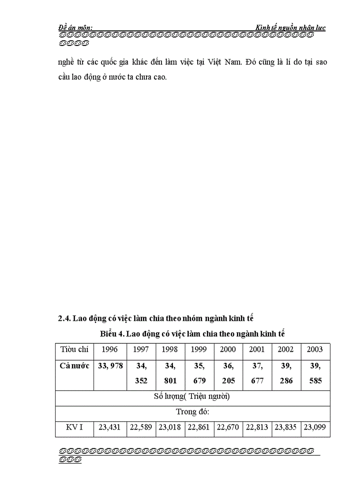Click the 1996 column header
click(x=109, y=350)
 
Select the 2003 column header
click(x=315, y=350)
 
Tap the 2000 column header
click(x=228, y=350)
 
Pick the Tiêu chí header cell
click(x=74, y=350)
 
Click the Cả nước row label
click(x=74, y=366)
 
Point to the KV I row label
click(x=74, y=428)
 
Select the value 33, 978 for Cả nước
click(x=109, y=366)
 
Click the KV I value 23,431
click(x=109, y=428)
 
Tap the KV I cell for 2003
click(x=315, y=428)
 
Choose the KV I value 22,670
click(x=228, y=428)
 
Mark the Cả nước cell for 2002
click(x=286, y=373)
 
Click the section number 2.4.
click(x=64, y=318)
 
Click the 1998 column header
click(x=170, y=350)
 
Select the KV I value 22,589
click(x=141, y=428)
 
